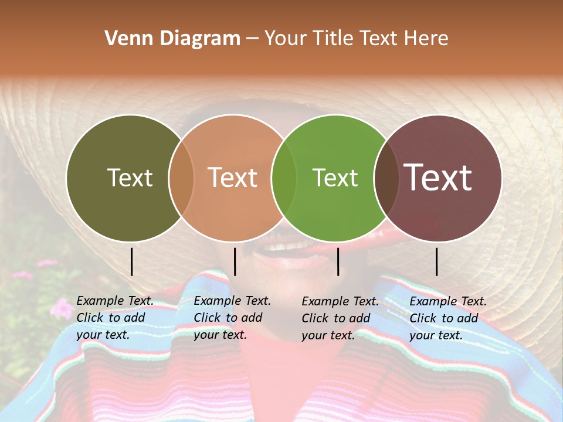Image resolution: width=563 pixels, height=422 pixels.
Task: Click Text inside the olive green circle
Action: (130, 178)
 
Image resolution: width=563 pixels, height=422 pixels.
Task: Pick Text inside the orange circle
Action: (233, 178)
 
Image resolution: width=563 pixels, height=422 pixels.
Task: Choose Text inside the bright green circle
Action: (335, 178)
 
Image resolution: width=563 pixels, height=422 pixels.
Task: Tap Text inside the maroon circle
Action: (438, 178)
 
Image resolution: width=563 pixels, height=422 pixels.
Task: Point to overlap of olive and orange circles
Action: (181, 178)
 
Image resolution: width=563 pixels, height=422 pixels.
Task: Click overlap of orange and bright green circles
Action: (284, 178)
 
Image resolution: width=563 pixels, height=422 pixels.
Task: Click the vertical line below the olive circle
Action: (132, 261)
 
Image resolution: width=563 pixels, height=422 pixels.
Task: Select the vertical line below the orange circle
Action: (235, 261)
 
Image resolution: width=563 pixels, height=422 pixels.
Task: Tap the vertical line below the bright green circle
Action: (338, 261)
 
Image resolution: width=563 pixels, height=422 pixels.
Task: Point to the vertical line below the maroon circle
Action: (437, 261)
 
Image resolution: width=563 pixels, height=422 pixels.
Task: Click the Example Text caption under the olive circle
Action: (115, 318)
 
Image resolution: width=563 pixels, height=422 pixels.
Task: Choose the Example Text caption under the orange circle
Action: (232, 318)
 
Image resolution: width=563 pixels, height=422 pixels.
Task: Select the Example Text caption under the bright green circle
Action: (340, 318)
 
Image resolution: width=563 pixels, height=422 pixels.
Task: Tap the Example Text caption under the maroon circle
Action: (448, 318)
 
